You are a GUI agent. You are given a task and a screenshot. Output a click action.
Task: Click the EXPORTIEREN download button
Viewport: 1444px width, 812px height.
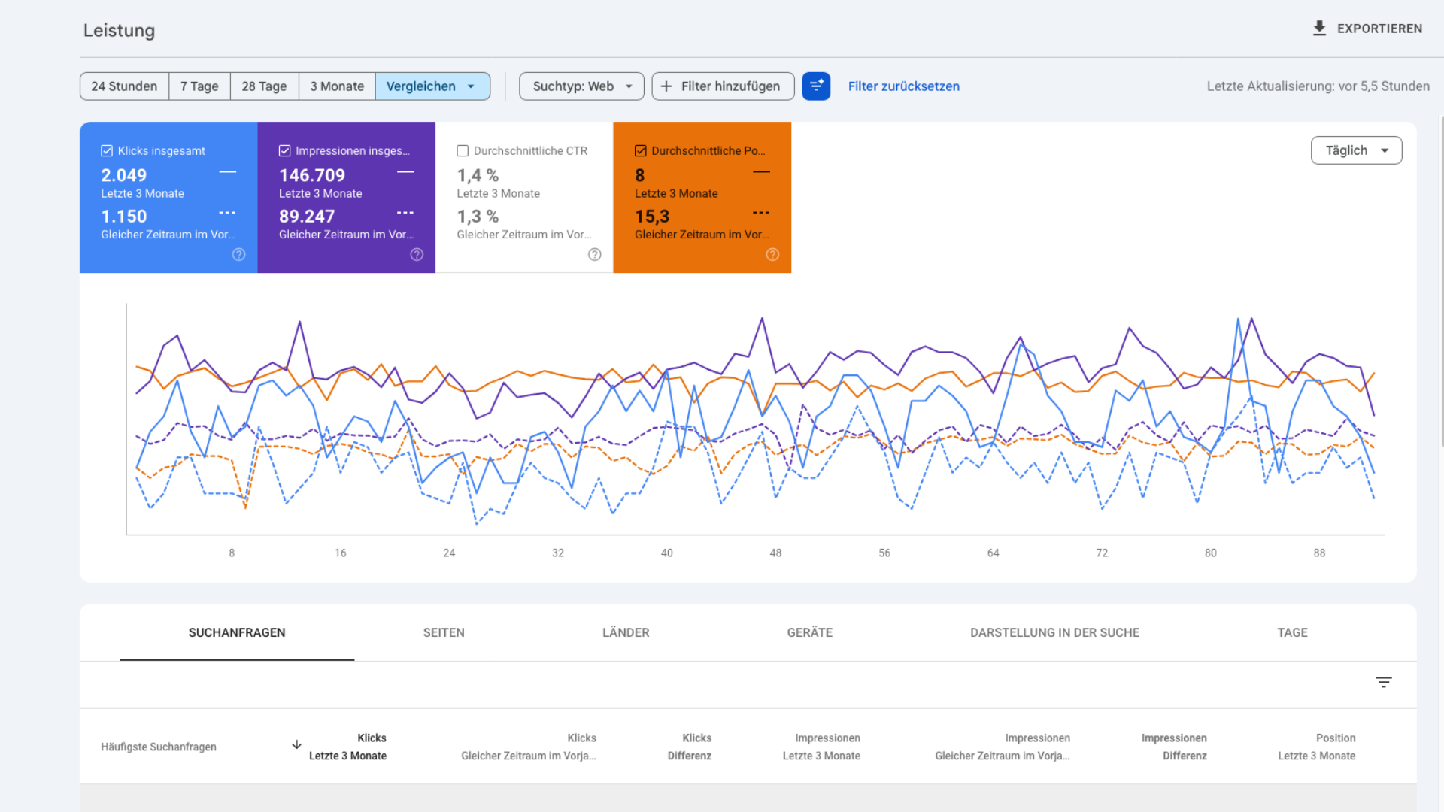1367,29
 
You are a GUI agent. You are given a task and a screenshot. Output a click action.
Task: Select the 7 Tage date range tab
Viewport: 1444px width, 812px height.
199,86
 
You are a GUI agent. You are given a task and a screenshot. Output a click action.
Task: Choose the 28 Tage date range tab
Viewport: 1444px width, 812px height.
264,86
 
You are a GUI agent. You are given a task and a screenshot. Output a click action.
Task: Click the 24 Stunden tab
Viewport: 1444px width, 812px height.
124,86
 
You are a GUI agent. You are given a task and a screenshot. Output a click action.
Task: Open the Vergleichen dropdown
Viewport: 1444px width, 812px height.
432,86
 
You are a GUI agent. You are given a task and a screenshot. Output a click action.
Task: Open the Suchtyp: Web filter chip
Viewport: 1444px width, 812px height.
581,86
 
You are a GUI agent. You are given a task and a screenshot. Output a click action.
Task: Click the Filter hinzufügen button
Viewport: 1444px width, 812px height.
722,86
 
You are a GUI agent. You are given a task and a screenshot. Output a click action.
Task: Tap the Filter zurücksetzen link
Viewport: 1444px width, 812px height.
903,86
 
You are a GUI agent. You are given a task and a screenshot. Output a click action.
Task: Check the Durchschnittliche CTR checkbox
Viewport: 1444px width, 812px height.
463,151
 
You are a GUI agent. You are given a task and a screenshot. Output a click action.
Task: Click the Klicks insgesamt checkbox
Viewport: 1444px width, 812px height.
107,151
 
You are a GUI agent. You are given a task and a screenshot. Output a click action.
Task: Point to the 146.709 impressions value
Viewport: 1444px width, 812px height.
311,175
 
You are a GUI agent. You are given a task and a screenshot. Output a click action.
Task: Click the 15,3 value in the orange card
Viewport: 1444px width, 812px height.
651,217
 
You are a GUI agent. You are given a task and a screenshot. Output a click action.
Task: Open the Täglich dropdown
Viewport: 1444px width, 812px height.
1355,150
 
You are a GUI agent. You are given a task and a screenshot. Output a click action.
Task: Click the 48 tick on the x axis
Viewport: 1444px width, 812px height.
775,553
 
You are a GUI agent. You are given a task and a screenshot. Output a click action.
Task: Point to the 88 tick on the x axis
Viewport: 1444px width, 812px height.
1319,553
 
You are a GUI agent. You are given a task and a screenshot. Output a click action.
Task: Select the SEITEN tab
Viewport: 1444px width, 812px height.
444,632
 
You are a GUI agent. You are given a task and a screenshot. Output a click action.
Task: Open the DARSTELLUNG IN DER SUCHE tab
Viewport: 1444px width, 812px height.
1054,632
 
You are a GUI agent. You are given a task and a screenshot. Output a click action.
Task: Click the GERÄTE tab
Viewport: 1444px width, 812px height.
809,632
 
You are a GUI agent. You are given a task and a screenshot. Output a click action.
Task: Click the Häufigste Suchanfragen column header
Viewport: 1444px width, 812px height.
159,747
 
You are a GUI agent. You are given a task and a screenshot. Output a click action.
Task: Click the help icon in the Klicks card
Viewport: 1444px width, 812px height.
238,255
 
